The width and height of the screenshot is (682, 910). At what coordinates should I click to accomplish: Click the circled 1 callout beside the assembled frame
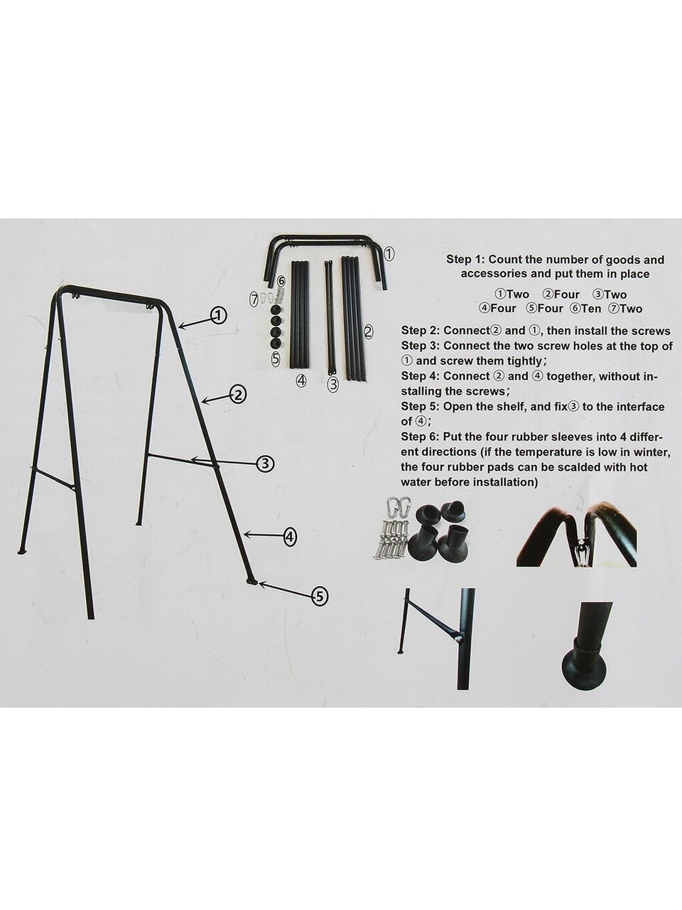(218, 316)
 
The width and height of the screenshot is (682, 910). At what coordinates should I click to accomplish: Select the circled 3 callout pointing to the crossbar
(264, 464)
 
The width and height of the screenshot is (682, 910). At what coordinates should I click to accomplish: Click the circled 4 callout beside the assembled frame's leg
(289, 537)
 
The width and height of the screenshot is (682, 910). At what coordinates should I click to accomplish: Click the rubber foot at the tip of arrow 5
(251, 582)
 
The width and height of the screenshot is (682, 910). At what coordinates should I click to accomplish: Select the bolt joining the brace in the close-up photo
(459, 639)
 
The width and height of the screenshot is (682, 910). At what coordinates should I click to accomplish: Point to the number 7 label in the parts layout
(254, 298)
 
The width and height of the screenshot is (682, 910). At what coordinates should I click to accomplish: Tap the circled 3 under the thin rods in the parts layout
(332, 384)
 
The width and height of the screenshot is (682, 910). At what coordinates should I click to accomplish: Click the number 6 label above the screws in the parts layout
(281, 281)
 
